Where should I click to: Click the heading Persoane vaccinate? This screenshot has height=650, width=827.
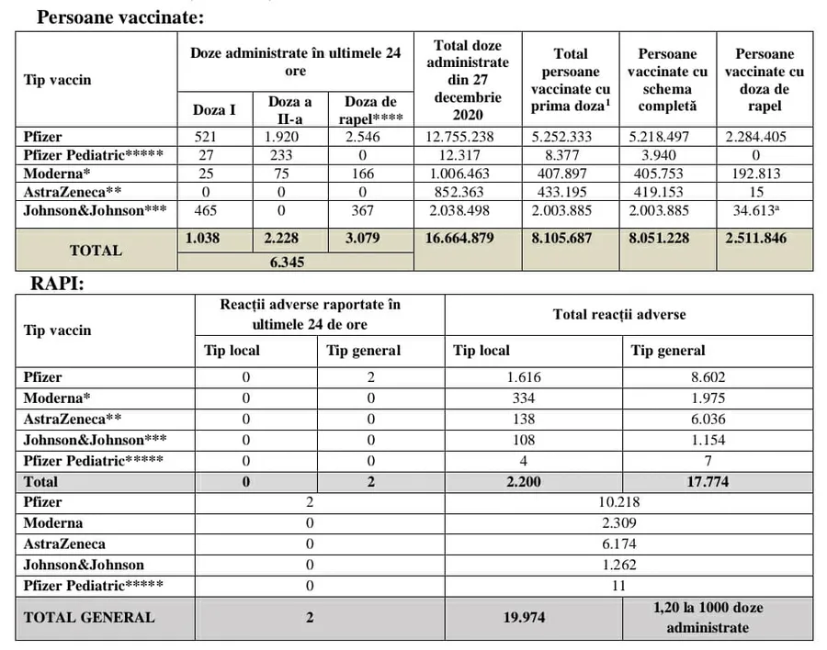(119, 17)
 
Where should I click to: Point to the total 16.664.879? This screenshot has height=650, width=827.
(468, 239)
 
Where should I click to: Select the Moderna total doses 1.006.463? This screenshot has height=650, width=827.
(468, 173)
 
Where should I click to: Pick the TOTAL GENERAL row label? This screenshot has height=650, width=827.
(89, 617)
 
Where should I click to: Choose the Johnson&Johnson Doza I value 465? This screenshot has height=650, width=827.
(214, 209)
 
